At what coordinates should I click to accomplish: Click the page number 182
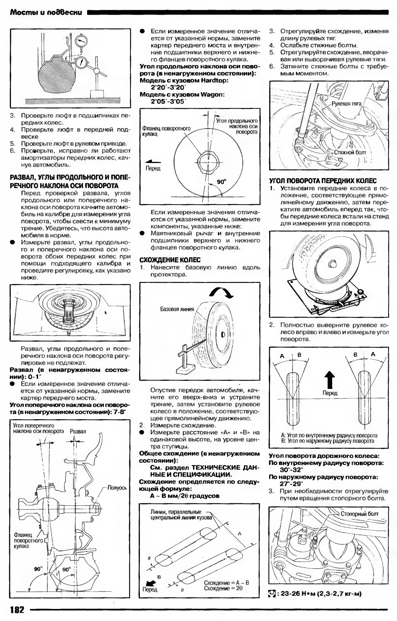pyautogui.click(x=17, y=609)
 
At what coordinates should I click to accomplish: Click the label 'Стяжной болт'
pyautogui.click(x=350, y=153)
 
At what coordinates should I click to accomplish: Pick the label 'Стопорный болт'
pyautogui.click(x=359, y=514)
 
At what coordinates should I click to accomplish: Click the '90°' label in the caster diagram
pyautogui.click(x=221, y=181)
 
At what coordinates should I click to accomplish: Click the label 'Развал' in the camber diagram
pyautogui.click(x=78, y=431)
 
